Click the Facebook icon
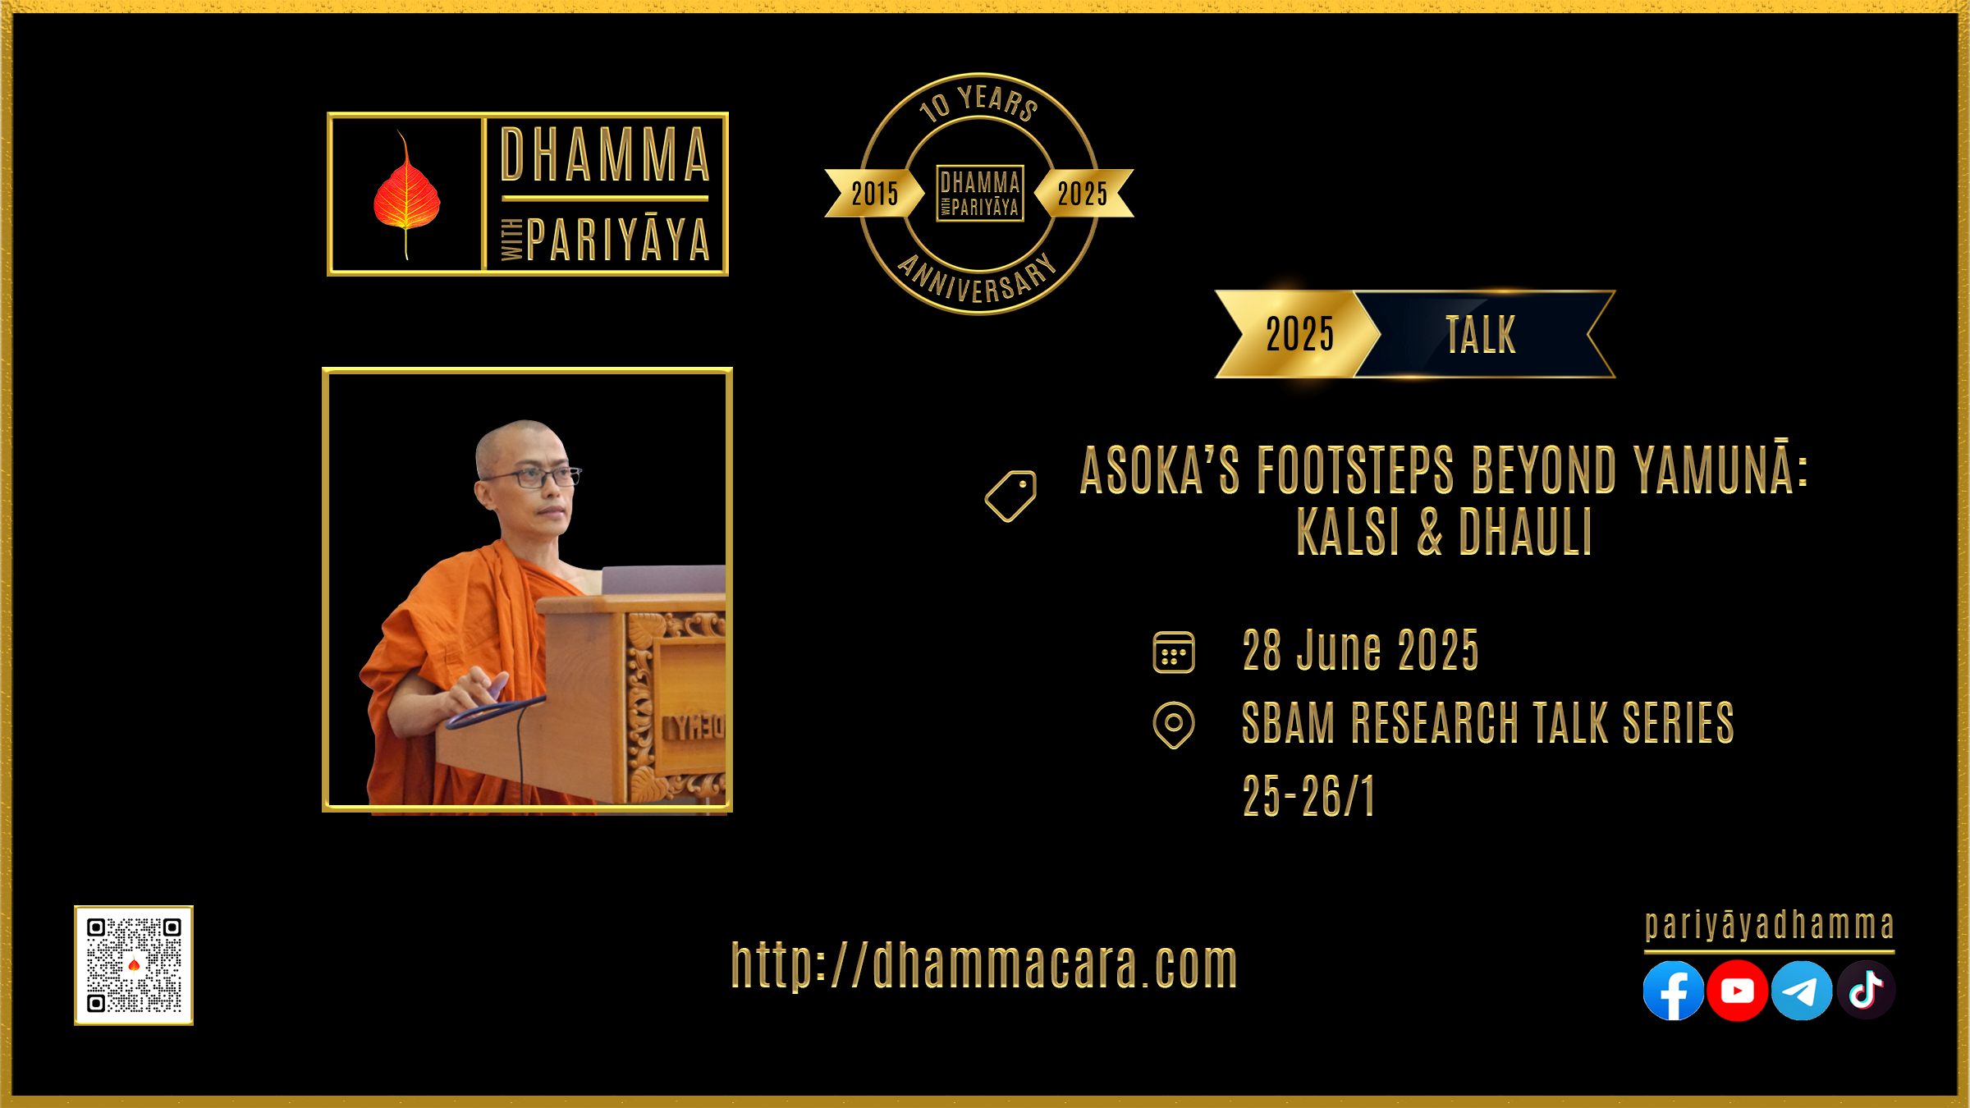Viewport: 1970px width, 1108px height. pyautogui.click(x=1673, y=991)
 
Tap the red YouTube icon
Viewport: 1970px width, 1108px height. pyautogui.click(x=1737, y=991)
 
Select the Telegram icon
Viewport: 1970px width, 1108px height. pyautogui.click(x=1802, y=991)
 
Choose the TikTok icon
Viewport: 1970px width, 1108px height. pyautogui.click(x=1866, y=991)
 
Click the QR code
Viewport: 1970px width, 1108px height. pyautogui.click(x=134, y=965)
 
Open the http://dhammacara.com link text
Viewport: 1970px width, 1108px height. pyautogui.click(x=984, y=965)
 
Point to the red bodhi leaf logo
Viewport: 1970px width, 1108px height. pyautogui.click(x=406, y=195)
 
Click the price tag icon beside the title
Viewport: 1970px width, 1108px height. pyautogui.click(x=1010, y=496)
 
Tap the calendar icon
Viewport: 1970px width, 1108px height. pyautogui.click(x=1174, y=652)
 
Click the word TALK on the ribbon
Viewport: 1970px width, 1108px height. pyautogui.click(x=1481, y=335)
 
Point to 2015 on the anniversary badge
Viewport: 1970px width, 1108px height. pyautogui.click(x=874, y=194)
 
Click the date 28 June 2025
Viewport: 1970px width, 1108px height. pyautogui.click(x=1360, y=651)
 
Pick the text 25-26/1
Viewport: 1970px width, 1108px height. pyautogui.click(x=1308, y=796)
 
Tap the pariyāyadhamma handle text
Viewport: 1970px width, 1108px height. pyautogui.click(x=1770, y=925)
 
